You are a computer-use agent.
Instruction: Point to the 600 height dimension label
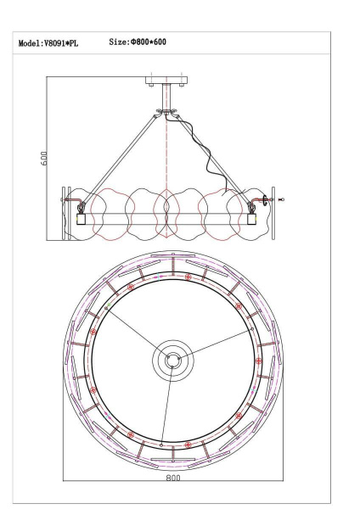coord(45,159)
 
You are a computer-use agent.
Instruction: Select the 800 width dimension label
coord(173,480)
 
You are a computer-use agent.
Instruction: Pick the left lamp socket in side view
coord(82,217)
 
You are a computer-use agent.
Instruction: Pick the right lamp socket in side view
coord(253,217)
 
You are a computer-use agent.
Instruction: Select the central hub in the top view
coord(172,361)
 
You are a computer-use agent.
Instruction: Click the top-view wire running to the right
coord(217,346)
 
